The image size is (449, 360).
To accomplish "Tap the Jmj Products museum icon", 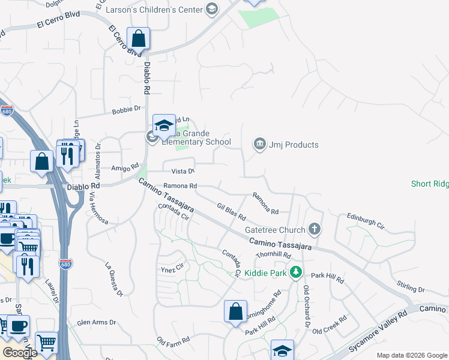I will click(259, 144).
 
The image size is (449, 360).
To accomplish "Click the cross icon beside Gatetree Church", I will click(314, 229).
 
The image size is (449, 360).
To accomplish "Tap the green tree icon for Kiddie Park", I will click(295, 273).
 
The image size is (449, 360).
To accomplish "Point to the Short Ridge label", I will click(430, 184).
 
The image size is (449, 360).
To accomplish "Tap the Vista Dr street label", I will click(183, 172).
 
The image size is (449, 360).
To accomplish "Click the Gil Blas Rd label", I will click(232, 211).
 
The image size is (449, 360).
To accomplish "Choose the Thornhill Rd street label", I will click(273, 255).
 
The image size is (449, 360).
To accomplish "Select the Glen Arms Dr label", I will click(96, 322).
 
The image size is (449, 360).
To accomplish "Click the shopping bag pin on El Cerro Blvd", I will click(139, 38).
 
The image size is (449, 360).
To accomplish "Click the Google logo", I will click(20, 353).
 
